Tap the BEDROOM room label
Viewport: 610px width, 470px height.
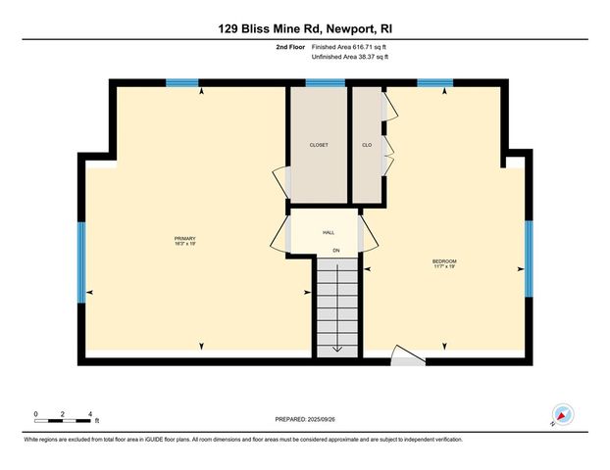tap(444, 260)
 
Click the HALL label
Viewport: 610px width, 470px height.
tap(328, 233)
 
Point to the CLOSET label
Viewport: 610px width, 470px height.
tap(319, 145)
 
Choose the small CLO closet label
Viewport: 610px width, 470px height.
tap(367, 145)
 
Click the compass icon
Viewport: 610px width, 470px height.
tap(562, 415)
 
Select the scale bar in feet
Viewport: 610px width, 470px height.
tap(63, 421)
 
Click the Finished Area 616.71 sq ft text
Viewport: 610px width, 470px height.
tap(349, 46)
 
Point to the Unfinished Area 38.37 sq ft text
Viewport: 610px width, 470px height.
tap(349, 57)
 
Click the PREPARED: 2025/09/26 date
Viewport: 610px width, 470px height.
tap(304, 418)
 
